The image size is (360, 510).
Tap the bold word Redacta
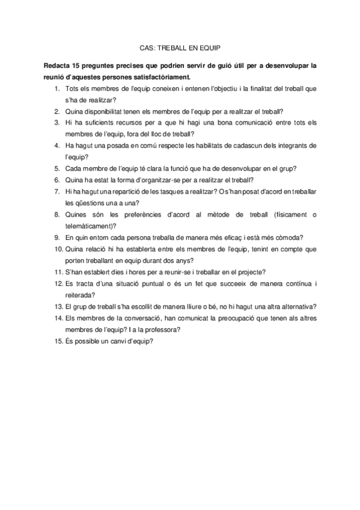(56, 66)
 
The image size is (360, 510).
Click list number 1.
(56, 88)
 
